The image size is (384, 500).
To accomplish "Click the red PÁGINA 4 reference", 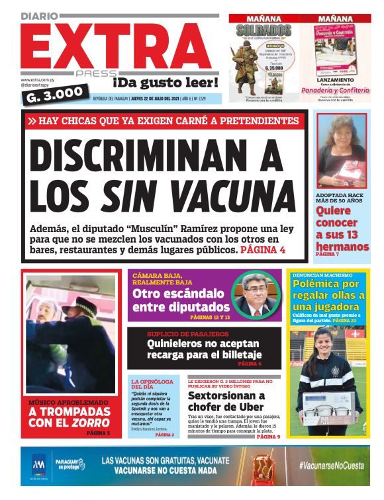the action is tap(263, 251).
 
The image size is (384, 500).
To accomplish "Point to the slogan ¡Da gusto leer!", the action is tap(165, 83).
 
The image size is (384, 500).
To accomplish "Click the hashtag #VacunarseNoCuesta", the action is tap(330, 466).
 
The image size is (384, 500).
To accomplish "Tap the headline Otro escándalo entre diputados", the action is tap(181, 300).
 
